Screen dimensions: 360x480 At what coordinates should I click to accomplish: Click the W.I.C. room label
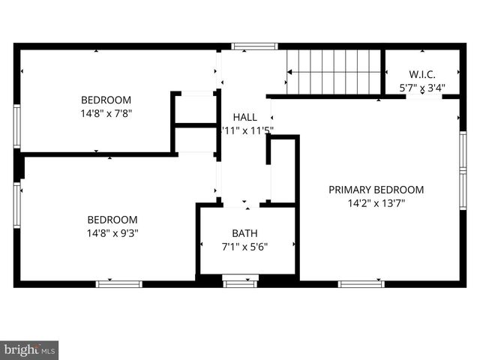422,74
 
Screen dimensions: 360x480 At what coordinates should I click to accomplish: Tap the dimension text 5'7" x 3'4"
422,88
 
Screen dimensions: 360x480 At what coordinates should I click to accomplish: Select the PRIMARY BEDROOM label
376,190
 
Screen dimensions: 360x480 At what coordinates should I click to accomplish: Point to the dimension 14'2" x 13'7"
376,202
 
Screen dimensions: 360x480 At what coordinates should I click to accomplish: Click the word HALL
244,117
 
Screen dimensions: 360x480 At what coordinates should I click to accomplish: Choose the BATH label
244,233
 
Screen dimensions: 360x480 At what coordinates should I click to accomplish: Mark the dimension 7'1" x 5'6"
244,246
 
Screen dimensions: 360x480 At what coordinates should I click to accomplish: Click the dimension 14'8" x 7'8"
106,113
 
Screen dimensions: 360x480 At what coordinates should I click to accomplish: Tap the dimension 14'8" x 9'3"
112,232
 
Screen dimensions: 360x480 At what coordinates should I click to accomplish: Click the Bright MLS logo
29,350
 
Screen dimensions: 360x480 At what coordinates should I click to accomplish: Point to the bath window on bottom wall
240,283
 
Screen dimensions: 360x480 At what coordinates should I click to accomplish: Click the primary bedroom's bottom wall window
361,283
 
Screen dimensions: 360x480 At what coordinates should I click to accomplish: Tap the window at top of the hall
254,46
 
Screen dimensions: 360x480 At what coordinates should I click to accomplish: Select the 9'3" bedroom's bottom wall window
118,283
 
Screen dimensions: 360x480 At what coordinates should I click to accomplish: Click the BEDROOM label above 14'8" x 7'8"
106,100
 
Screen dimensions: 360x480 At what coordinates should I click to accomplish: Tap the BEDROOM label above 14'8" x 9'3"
112,219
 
